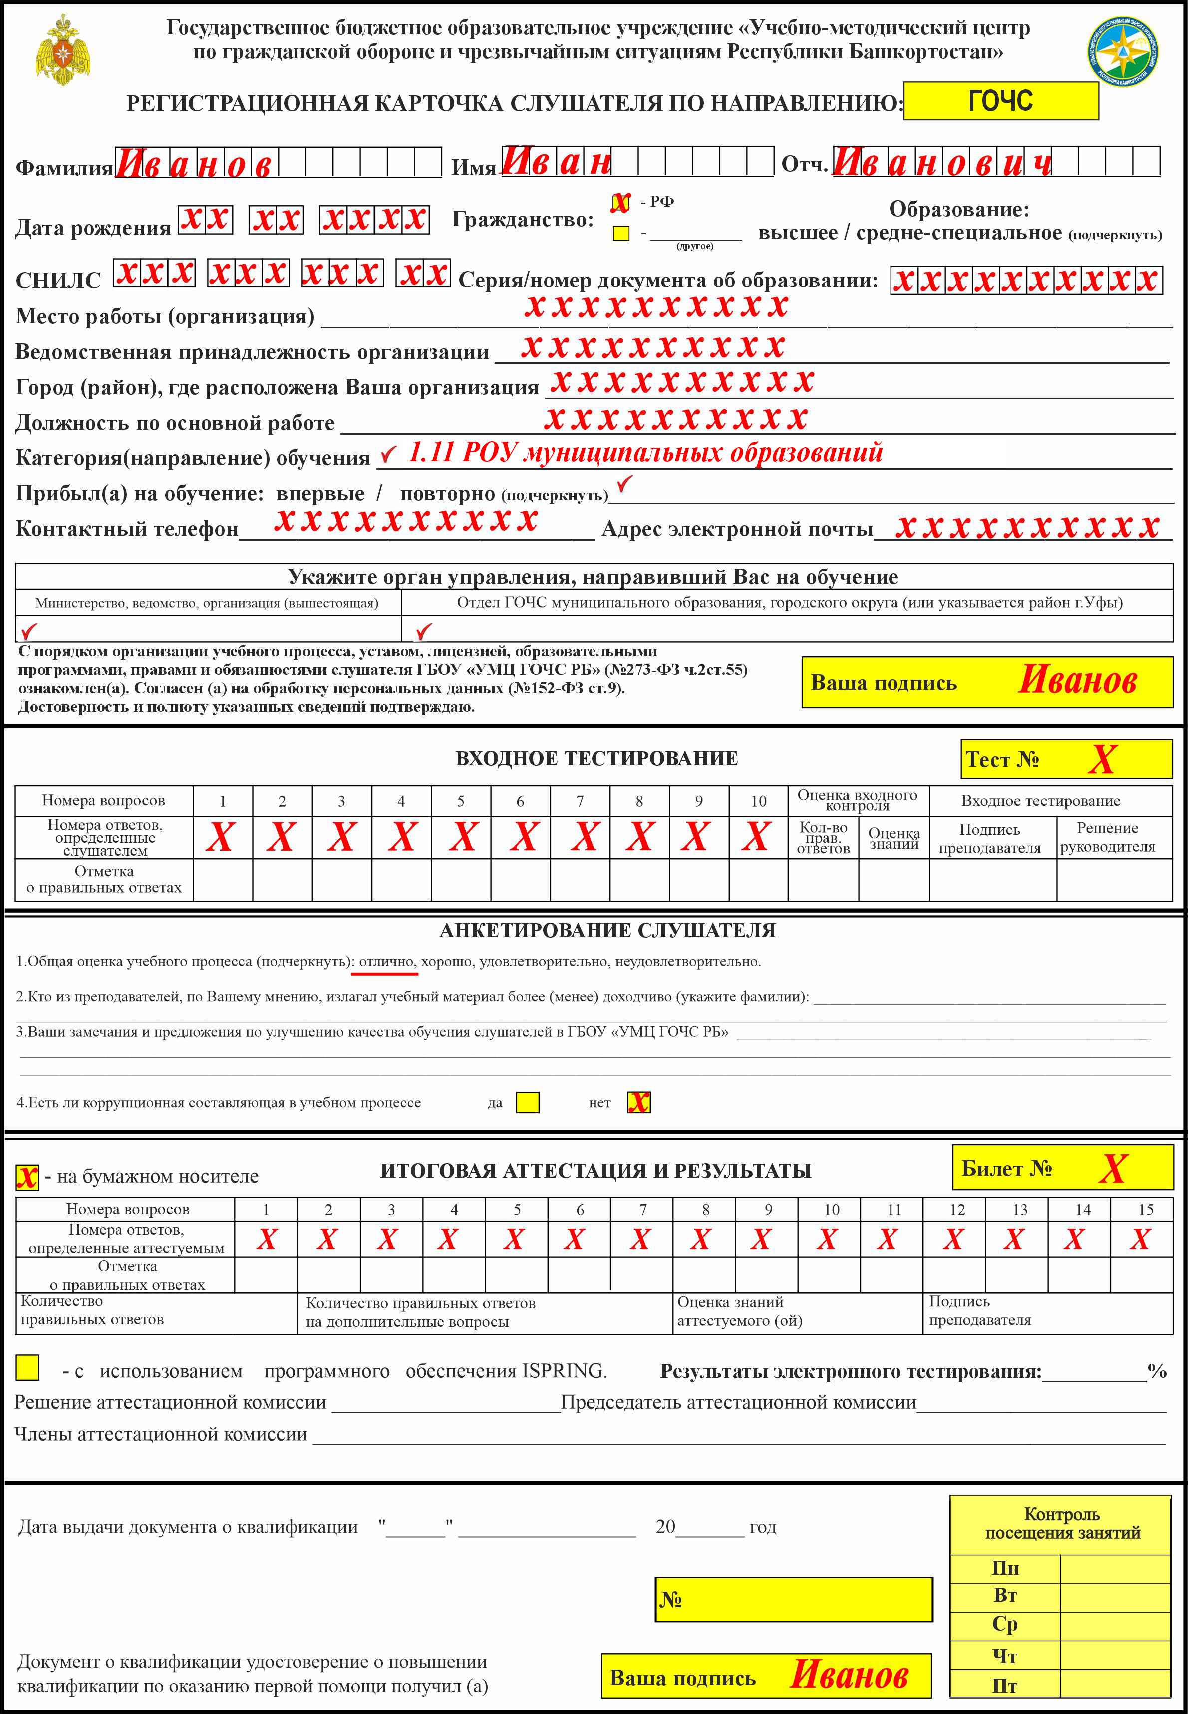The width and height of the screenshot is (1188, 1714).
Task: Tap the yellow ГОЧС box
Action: pyautogui.click(x=1000, y=100)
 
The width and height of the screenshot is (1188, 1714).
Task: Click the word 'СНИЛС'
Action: pyautogui.click(x=58, y=281)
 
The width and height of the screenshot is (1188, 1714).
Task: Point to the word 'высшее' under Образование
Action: pyautogui.click(x=797, y=233)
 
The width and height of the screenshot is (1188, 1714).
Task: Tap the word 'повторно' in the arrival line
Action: pyautogui.click(x=447, y=494)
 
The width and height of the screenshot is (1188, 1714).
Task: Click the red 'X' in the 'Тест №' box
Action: pyautogui.click(x=1102, y=759)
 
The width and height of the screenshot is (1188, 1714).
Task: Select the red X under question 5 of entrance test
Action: pyautogui.click(x=463, y=837)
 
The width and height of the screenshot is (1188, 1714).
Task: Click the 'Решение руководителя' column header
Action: pyautogui.click(x=1107, y=837)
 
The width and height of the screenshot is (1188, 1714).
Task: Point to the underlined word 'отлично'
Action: pyautogui.click(x=386, y=961)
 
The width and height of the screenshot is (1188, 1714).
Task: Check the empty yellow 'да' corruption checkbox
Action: pyautogui.click(x=528, y=1102)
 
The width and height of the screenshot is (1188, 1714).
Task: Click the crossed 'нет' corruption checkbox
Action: pyautogui.click(x=638, y=1102)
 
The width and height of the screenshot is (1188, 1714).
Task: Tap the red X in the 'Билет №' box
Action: pyautogui.click(x=1112, y=1169)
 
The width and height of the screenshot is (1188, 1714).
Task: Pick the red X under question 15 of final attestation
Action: pyautogui.click(x=1140, y=1239)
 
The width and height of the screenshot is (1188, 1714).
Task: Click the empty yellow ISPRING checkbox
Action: pyautogui.click(x=27, y=1367)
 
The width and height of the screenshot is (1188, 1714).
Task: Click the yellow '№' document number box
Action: pyautogui.click(x=794, y=1599)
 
